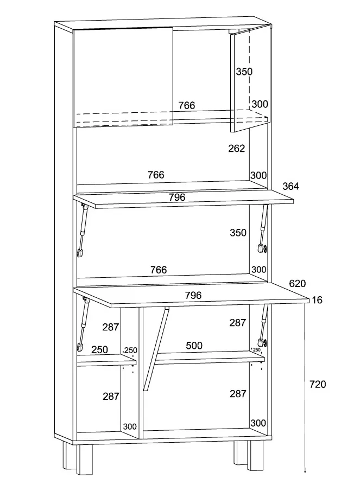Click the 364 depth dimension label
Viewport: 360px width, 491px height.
tap(290, 186)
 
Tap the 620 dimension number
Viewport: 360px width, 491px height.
tap(297, 283)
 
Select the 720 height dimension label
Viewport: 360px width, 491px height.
tap(318, 384)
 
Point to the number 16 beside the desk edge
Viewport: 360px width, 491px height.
tap(318, 299)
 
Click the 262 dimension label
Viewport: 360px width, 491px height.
tap(237, 148)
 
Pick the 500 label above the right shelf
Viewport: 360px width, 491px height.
tap(194, 346)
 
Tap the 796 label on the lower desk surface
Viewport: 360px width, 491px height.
tap(193, 295)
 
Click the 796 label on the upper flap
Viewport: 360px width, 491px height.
tap(177, 197)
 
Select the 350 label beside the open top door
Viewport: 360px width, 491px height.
tap(244, 71)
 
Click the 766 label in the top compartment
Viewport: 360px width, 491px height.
tap(187, 105)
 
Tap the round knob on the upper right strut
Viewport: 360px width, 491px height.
tap(265, 248)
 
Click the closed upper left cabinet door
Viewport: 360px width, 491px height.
tap(123, 76)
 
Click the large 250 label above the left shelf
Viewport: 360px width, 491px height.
tap(99, 350)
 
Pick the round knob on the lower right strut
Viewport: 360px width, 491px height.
tap(265, 343)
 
